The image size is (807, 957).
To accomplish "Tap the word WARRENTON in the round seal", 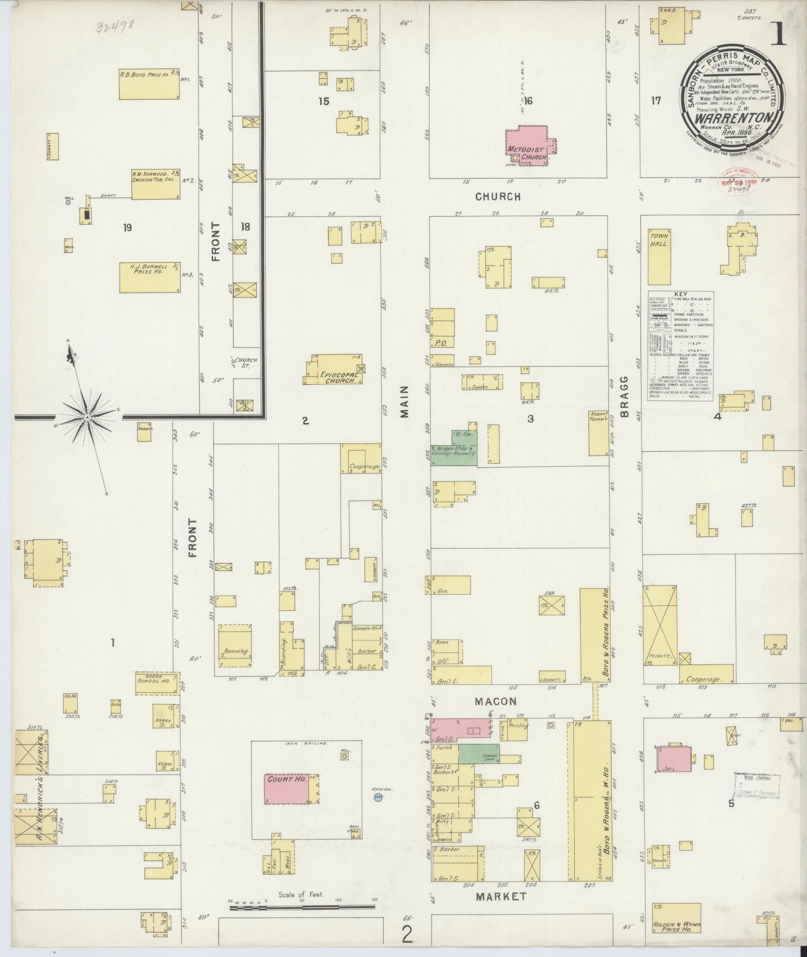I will click(731, 119).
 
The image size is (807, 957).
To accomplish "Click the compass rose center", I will click(88, 417).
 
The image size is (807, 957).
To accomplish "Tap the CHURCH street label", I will click(498, 197).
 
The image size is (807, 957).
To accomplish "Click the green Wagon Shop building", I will click(454, 448).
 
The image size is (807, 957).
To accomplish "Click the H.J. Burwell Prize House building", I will click(150, 277).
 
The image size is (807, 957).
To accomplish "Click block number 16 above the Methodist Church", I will click(528, 101).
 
